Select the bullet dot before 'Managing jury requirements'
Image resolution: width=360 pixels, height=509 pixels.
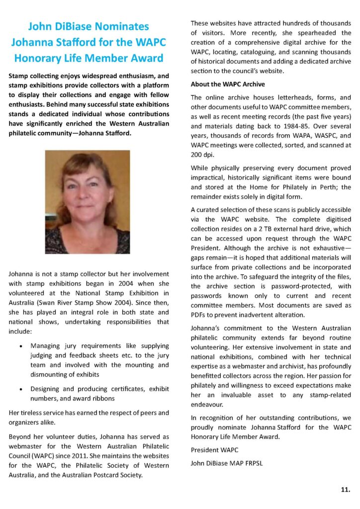tap(19, 345)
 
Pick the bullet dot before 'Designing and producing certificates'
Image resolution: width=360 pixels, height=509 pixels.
tap(19, 389)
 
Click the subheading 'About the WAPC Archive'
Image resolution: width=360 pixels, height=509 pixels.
tap(228, 84)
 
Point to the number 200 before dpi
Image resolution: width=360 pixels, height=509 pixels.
tap(198, 154)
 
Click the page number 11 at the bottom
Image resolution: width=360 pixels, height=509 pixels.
tap(345, 490)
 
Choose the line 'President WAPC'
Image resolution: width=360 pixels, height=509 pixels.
tap(214, 450)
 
